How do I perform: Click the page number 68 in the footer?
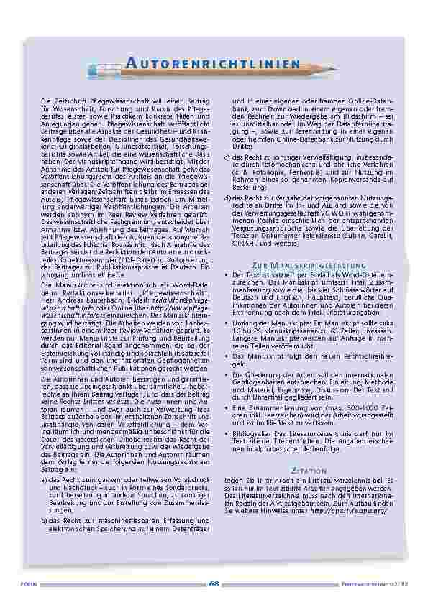click(x=214, y=584)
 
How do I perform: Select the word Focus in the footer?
click(x=29, y=585)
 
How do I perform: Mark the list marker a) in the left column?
click(x=45, y=478)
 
